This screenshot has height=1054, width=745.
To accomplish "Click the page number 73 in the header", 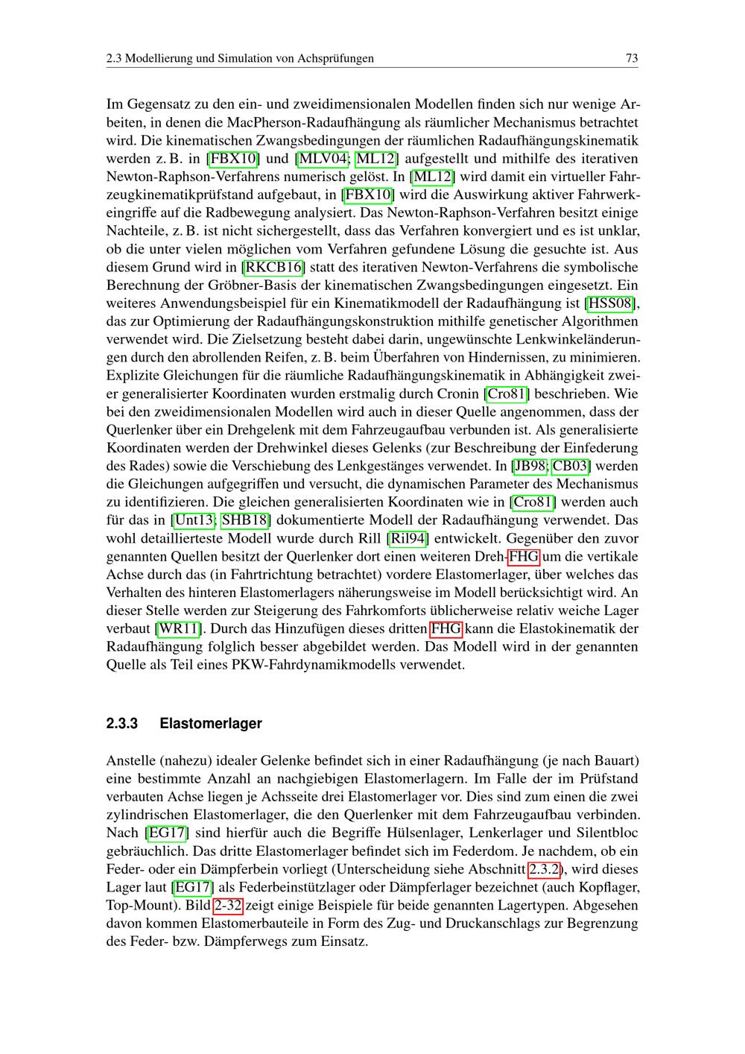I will pos(632,58).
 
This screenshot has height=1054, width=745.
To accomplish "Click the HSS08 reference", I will pos(611,303).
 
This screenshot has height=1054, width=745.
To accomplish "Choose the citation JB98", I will pos(530,466).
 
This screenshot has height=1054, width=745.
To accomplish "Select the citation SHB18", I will pos(246,520).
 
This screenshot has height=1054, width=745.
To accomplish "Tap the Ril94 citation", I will pos(407,538).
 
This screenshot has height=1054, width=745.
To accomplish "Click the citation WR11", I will pos(179,628).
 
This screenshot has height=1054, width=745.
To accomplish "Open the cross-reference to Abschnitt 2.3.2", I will pos(545,869).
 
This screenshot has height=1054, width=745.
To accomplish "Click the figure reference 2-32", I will pos(227,906).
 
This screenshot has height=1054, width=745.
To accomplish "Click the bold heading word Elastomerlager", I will pos(211,724).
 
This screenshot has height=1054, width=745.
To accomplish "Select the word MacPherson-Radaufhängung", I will pos(313,122).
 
